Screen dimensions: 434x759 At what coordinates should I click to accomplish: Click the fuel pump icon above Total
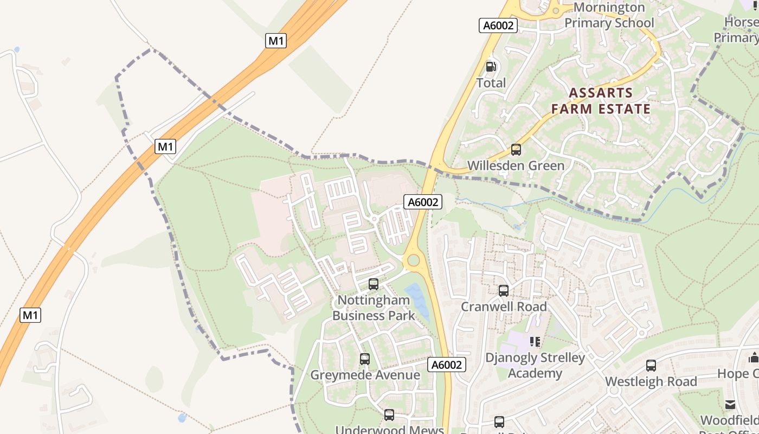491,67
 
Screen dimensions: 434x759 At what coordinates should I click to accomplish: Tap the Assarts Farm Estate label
601,101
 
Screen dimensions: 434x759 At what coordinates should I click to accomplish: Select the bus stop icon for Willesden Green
516,150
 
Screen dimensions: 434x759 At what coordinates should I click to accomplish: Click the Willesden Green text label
516,165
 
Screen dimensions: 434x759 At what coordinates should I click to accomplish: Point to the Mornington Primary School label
609,15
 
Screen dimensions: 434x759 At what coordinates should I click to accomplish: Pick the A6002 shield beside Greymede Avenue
447,365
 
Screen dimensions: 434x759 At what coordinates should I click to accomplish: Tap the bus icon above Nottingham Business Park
374,284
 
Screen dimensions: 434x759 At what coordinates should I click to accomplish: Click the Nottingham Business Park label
374,308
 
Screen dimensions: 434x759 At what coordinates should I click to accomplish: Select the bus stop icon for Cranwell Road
504,291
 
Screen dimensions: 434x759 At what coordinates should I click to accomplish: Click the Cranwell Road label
504,307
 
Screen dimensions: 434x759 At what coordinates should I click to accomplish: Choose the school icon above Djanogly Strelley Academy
535,342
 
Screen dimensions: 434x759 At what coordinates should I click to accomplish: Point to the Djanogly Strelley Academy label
535,365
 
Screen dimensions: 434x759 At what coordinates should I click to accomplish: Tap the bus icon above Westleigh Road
651,366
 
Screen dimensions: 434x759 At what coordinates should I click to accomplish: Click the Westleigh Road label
651,381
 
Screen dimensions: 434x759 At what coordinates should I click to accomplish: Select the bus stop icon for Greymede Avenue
365,359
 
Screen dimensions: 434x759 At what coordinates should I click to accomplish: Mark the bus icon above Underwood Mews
389,415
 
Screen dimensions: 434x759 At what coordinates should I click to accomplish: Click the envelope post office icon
730,405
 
